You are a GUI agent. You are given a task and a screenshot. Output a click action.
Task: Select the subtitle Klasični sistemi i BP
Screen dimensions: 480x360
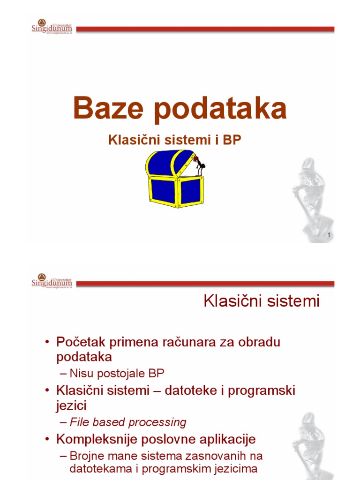[x=175, y=140]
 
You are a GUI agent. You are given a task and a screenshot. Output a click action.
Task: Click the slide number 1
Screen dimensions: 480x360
[x=330, y=234]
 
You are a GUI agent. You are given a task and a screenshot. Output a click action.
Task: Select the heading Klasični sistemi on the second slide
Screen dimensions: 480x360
[x=262, y=301]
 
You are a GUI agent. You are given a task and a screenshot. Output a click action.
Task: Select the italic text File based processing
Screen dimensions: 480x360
[x=127, y=422]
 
